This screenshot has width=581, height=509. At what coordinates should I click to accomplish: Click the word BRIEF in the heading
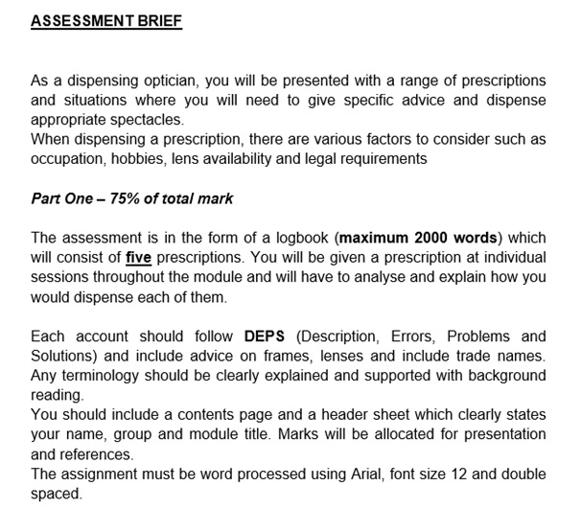(x=152, y=20)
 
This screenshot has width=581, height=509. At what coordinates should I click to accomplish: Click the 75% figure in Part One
(x=123, y=199)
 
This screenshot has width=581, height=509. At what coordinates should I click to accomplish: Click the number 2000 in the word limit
(x=435, y=238)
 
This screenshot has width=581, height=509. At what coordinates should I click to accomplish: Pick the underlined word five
(x=138, y=258)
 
